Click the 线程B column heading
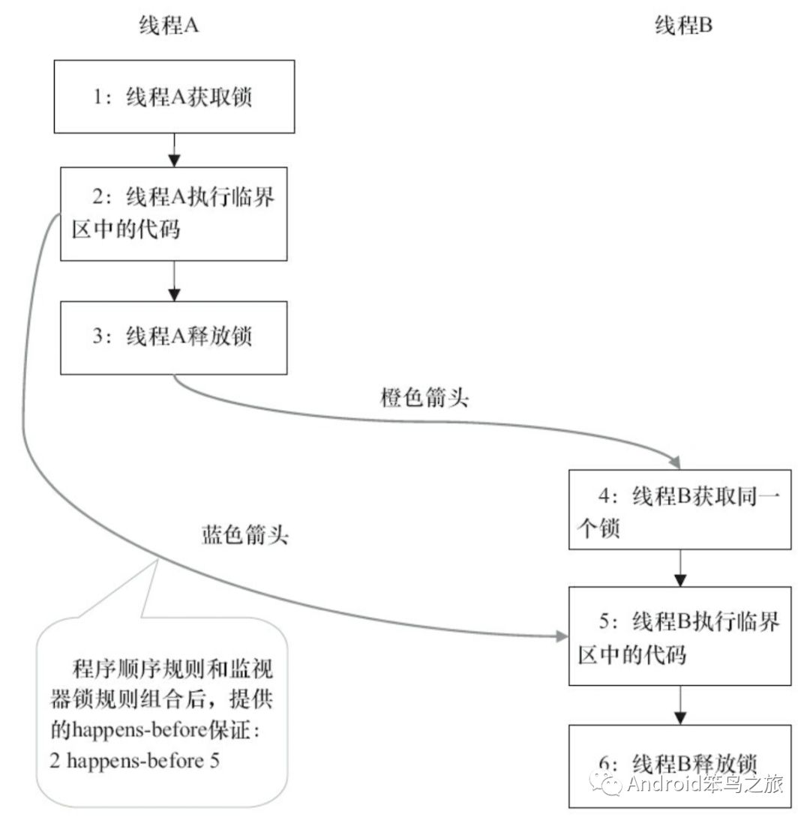[683, 27]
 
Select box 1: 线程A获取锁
[174, 97]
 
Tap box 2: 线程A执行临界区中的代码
[173, 214]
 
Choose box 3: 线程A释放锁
[173, 337]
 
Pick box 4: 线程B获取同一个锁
[679, 509]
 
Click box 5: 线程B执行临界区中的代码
[679, 636]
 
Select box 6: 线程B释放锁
[679, 765]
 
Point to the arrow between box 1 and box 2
[174, 150]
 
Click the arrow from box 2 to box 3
[174, 280]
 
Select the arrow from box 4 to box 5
[679, 567]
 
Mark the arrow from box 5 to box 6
[679, 705]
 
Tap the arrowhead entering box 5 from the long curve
[562, 636]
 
